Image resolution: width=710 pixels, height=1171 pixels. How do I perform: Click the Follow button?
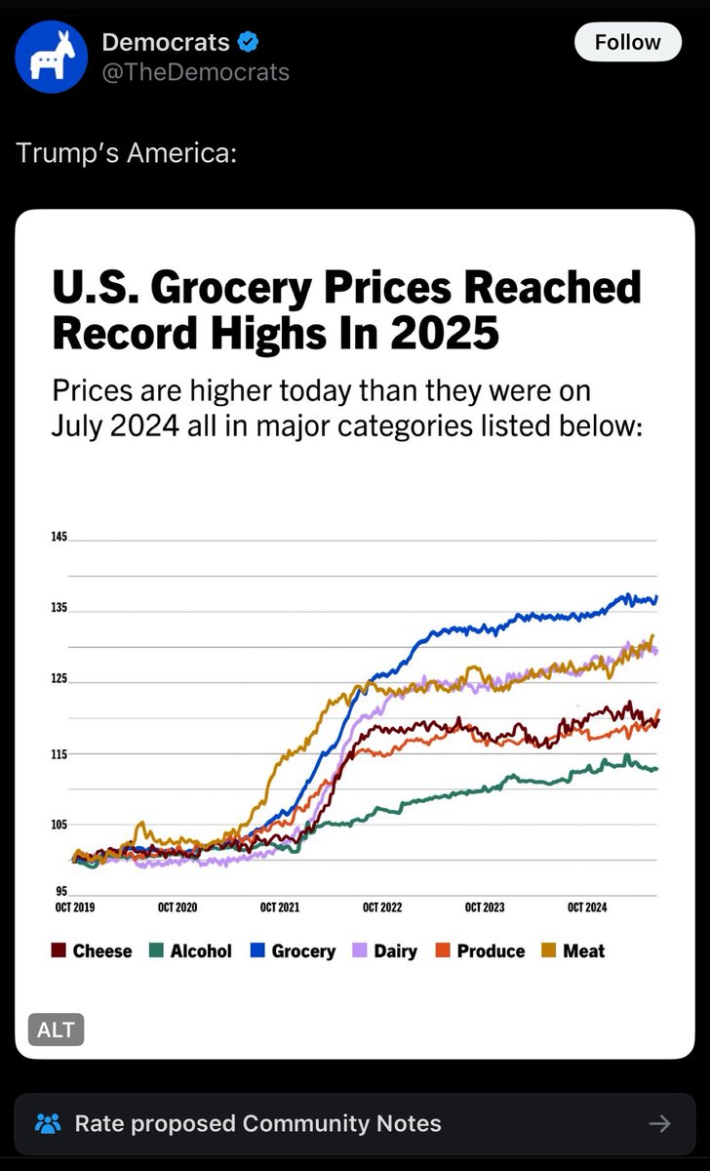click(x=627, y=42)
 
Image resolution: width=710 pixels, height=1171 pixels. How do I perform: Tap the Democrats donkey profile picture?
click(x=51, y=57)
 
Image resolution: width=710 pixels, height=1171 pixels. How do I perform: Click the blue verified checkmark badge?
click(x=248, y=42)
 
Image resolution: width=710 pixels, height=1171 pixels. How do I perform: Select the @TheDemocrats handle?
click(x=195, y=72)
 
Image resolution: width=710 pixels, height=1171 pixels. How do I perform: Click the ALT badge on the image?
click(x=56, y=1030)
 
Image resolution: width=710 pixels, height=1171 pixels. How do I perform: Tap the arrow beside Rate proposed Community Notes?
click(x=660, y=1123)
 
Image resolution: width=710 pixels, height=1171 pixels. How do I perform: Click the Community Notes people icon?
click(x=48, y=1123)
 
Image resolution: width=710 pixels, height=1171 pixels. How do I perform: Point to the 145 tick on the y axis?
click(x=59, y=537)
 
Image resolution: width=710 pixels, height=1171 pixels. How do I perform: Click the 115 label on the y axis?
click(x=59, y=754)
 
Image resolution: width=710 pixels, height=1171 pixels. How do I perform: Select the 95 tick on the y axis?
click(x=61, y=891)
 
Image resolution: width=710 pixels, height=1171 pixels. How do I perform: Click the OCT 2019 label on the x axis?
click(x=75, y=907)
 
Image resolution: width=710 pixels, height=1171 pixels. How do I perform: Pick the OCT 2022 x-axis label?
click(x=382, y=907)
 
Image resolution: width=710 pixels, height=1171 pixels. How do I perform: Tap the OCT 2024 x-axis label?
click(x=587, y=907)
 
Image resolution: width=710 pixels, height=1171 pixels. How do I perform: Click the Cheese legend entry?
click(x=92, y=950)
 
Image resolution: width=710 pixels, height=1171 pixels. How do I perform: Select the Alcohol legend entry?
click(x=190, y=950)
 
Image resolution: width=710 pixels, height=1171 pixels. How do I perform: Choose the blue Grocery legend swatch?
click(x=257, y=949)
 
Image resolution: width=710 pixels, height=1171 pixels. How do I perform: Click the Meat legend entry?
click(x=573, y=950)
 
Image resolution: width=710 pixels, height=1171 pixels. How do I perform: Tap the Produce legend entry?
click(x=480, y=950)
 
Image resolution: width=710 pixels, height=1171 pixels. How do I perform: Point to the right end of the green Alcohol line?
click(x=657, y=769)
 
